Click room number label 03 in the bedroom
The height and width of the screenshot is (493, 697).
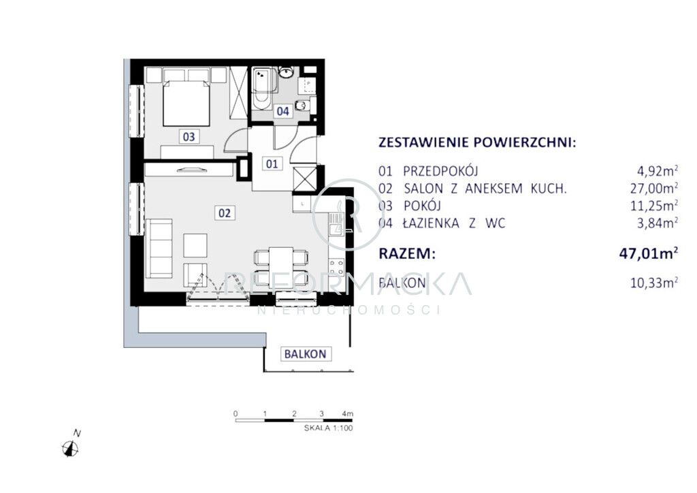pos(189,136)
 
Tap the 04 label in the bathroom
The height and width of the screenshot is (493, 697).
pos(282,111)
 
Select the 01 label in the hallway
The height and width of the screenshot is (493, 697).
pos(272,164)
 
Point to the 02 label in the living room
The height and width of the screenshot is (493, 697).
pos(225,213)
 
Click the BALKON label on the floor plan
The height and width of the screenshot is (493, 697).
pos(306,354)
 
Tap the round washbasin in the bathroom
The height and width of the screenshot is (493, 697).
pos(286,72)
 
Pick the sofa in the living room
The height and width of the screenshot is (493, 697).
pos(159,248)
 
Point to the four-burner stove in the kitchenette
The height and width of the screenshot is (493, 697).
pos(336,268)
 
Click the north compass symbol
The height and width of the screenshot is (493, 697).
pos(71,448)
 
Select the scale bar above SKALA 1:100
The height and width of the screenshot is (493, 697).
pos(294,419)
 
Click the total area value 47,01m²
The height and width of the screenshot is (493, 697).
pos(649,253)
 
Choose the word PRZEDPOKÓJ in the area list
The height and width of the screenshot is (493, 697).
pos(440,171)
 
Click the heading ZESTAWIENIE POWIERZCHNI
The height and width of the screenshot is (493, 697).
pos(477,143)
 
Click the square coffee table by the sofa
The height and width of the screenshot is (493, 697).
pos(195,245)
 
